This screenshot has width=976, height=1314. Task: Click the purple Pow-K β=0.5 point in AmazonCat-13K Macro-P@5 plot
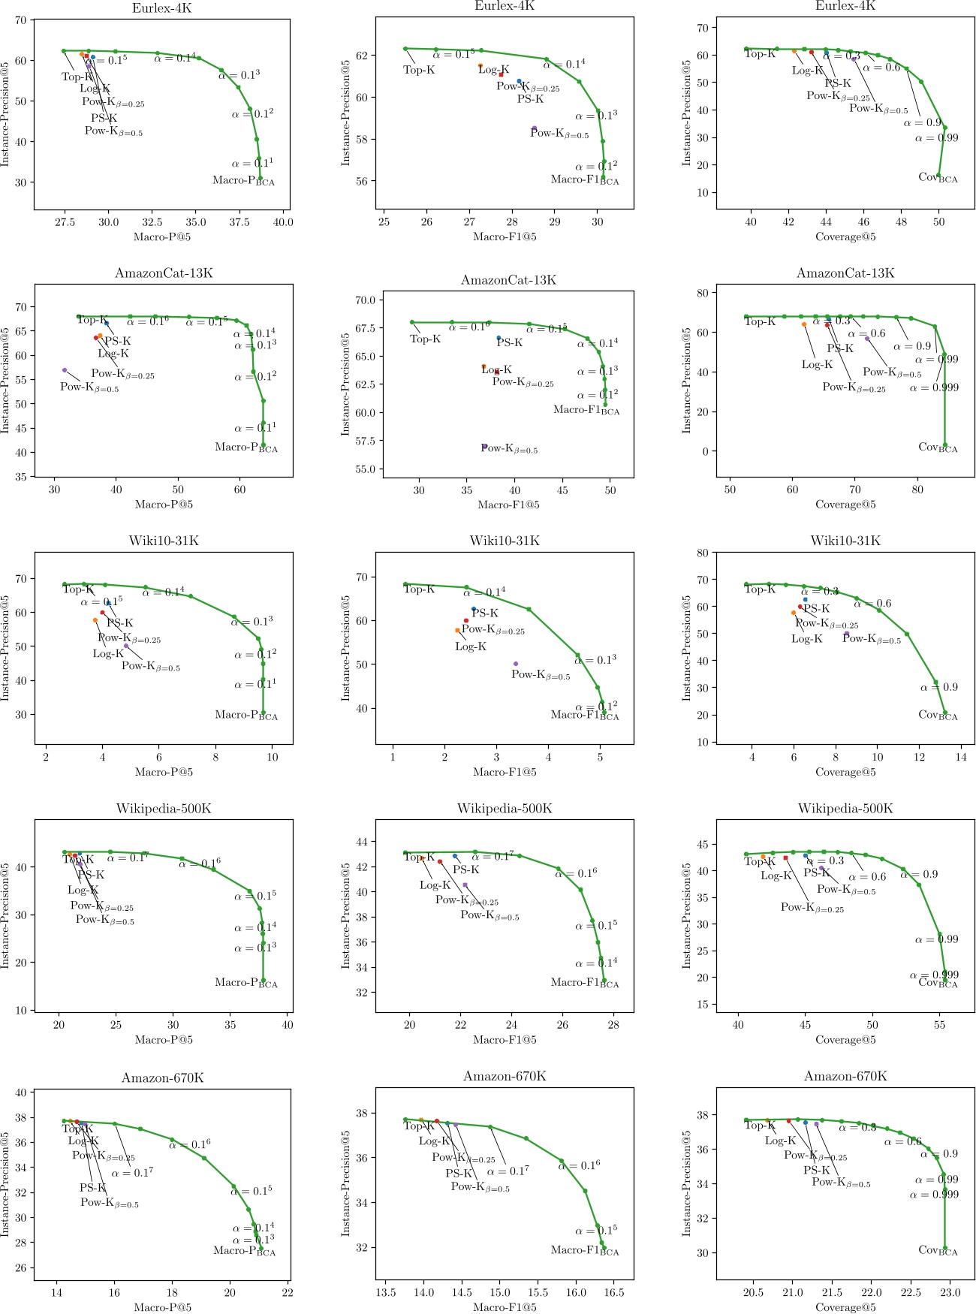point(65,370)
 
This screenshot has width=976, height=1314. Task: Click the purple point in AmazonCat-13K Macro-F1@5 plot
point(484,447)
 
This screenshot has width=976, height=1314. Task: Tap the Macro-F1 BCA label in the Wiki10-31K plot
point(585,715)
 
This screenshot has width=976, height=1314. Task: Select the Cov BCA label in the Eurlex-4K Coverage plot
point(938,178)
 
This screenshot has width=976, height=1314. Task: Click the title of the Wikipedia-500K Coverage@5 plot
point(845,809)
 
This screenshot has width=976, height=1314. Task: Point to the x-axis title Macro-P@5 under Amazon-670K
point(163,1307)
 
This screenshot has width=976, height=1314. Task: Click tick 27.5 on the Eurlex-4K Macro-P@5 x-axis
point(65,222)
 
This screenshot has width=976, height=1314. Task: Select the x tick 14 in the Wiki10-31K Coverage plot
point(961,758)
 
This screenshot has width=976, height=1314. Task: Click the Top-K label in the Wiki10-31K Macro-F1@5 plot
point(419,589)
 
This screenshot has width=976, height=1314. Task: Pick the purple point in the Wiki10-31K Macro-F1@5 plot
point(516,664)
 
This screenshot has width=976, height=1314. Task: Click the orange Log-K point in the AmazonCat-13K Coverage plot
point(804,324)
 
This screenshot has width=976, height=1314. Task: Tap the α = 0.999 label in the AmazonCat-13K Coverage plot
point(934,388)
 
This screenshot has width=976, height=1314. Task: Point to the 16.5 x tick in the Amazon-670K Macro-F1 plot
point(613,1293)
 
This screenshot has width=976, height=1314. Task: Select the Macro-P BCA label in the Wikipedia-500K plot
point(246,983)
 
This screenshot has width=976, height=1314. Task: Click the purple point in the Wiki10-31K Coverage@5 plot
point(847,634)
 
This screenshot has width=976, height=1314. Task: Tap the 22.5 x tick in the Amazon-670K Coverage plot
point(911,1293)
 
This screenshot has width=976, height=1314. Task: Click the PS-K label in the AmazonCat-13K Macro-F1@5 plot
point(509,342)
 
